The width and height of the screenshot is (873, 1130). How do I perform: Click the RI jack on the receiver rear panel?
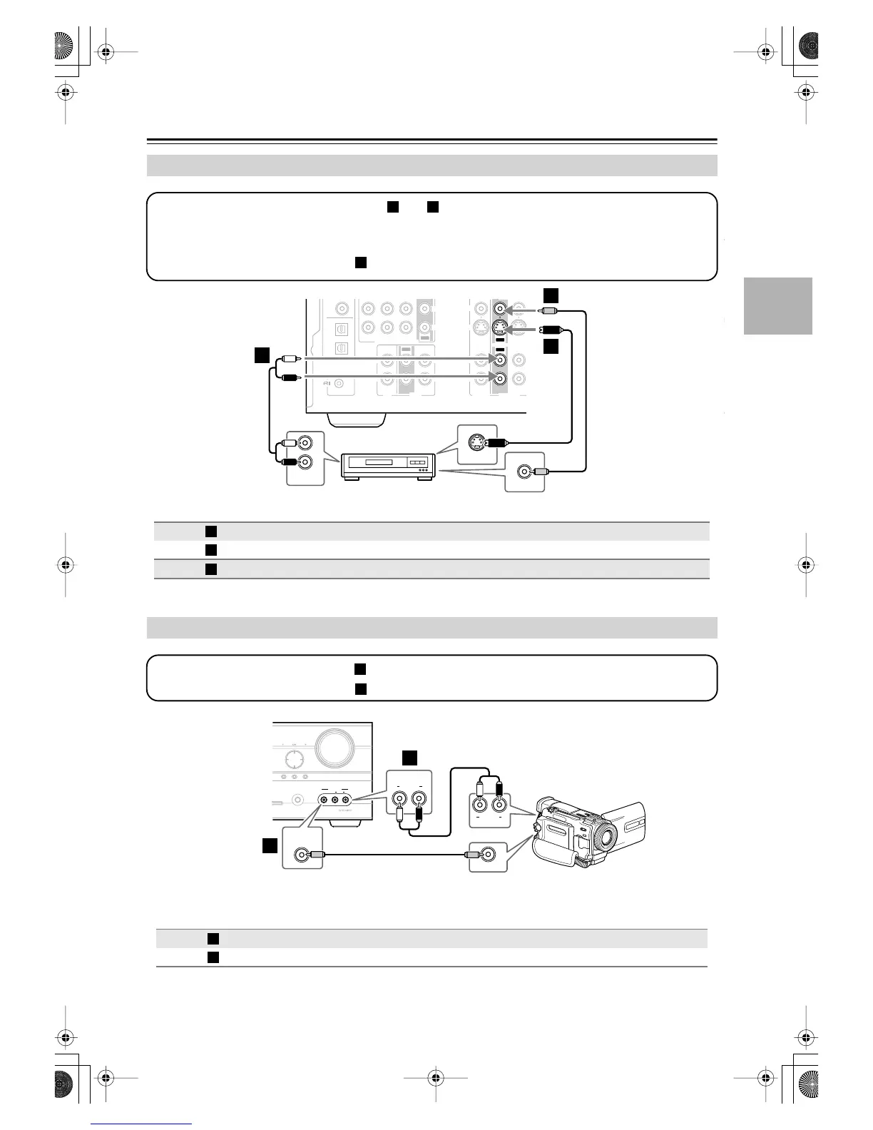click(339, 384)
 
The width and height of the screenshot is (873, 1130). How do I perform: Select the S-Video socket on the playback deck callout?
click(476, 442)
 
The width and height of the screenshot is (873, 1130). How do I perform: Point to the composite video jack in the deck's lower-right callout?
click(525, 472)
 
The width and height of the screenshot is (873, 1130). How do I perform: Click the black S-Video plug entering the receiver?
click(550, 330)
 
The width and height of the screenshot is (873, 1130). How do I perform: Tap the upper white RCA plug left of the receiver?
click(289, 359)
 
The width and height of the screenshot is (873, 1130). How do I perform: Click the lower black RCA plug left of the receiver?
click(289, 377)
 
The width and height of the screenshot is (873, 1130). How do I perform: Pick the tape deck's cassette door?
click(384, 464)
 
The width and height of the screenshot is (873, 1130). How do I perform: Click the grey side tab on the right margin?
click(777, 305)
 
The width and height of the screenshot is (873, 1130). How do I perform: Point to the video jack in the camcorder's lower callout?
click(489, 854)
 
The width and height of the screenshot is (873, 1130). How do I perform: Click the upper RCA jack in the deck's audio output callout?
click(305, 444)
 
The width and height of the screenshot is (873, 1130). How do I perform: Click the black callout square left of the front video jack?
click(270, 846)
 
